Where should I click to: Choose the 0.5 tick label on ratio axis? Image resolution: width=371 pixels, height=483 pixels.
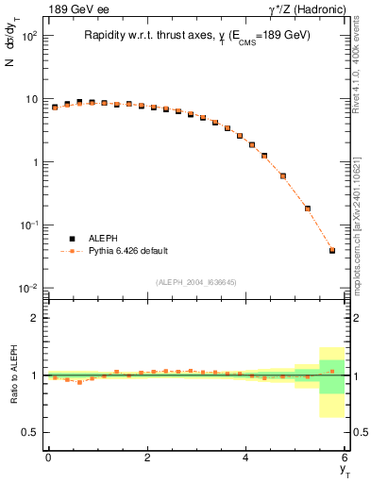coord(29,432)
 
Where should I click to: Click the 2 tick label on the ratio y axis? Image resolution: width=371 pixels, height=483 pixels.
coord(34,318)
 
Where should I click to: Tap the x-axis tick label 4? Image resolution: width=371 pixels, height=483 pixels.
coord(246,458)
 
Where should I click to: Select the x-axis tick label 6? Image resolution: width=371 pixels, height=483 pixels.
coord(346,458)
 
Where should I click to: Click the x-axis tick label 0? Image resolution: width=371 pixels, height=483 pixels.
coord(48,458)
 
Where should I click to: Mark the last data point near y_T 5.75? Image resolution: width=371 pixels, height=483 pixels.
coord(332,250)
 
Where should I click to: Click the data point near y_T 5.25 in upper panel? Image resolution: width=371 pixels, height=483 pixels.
coord(308,208)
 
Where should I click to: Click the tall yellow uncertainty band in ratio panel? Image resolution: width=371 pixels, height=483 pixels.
coord(332,408)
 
